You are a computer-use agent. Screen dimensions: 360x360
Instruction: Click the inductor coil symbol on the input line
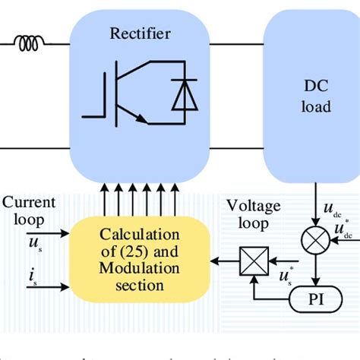click(x=30, y=46)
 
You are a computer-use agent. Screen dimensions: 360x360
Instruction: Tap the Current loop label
click(x=28, y=210)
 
